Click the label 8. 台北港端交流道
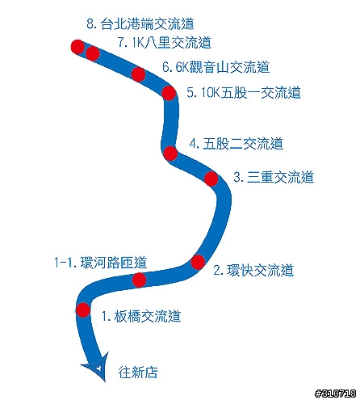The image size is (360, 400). (x=140, y=23)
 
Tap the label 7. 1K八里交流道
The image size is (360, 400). (x=164, y=43)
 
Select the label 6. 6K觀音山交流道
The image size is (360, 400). (x=216, y=67)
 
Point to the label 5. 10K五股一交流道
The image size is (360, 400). (x=244, y=93)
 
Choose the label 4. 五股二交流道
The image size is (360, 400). (x=237, y=144)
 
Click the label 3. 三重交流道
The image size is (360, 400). (x=274, y=177)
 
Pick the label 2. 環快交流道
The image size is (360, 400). (x=253, y=270)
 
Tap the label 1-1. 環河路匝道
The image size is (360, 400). (x=101, y=263)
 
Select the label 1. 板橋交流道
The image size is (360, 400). (x=141, y=316)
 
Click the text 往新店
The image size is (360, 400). (x=138, y=373)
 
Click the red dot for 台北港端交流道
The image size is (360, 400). (x=77, y=47)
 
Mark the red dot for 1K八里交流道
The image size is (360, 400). (x=93, y=53)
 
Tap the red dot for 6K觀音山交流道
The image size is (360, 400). (x=138, y=74)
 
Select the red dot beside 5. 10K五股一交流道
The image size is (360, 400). (x=169, y=93)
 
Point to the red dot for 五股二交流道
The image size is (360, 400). (x=170, y=154)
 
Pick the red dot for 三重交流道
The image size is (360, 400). (x=211, y=179)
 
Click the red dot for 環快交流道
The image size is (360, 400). (x=198, y=262)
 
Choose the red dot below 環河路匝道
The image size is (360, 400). (x=139, y=280)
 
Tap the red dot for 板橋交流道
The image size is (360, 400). (x=83, y=309)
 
